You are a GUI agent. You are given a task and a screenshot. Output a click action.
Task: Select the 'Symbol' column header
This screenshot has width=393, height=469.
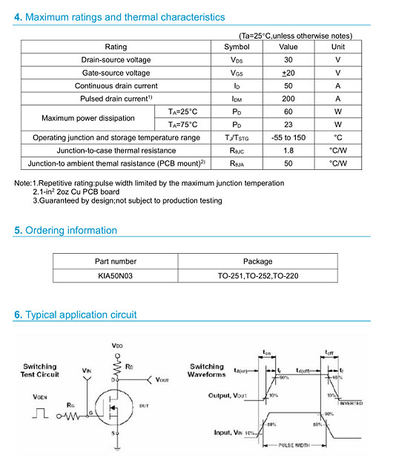[x=237, y=46]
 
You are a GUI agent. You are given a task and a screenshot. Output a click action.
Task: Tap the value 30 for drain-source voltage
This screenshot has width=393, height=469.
[x=288, y=59]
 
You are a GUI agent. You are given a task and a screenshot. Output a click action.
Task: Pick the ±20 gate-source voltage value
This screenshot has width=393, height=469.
[x=288, y=73]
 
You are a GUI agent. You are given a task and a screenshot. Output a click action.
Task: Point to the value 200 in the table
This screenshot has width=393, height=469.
[x=288, y=99]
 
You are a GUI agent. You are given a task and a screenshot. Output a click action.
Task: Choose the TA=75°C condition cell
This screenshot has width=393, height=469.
[x=183, y=125]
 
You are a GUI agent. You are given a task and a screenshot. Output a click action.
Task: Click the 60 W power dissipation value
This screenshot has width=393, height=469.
[x=288, y=111]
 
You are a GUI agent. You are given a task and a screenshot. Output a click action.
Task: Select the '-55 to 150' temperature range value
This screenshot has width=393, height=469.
[x=288, y=137]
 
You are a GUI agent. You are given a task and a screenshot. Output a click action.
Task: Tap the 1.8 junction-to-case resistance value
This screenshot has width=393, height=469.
[x=288, y=151]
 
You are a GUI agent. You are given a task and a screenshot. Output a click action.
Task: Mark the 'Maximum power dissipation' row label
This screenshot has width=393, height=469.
[x=88, y=118]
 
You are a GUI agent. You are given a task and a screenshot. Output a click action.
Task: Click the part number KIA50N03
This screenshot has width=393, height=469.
[x=116, y=275]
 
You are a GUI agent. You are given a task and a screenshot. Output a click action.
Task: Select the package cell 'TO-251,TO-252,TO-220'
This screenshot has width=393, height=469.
[x=257, y=275]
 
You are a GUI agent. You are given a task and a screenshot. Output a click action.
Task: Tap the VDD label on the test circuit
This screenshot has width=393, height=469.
[x=118, y=347]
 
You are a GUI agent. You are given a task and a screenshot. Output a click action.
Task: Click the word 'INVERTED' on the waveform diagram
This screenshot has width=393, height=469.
[x=350, y=403]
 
